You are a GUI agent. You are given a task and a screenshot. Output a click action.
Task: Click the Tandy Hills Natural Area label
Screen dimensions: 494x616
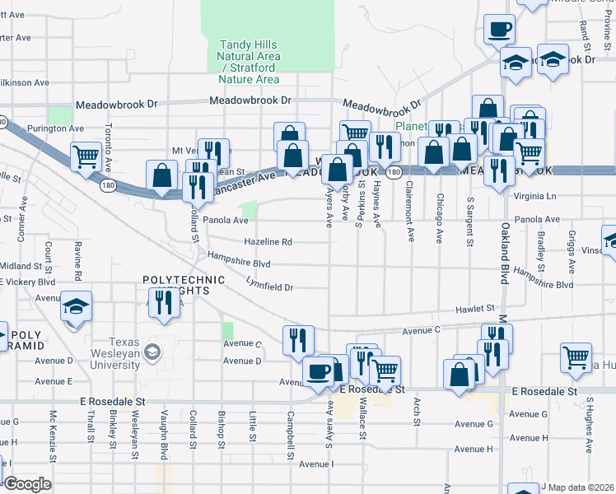(249, 57)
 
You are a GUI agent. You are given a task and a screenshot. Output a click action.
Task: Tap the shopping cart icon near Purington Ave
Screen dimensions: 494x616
(86, 155)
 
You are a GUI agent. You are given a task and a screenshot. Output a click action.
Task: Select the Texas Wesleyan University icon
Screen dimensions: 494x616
(152, 352)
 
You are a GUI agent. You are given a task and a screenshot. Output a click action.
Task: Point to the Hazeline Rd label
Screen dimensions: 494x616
(268, 242)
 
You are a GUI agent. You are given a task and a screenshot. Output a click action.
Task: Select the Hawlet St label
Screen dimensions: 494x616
(476, 308)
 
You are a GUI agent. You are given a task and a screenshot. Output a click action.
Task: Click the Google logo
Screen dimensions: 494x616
(27, 483)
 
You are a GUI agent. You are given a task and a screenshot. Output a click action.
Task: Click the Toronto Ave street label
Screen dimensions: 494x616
(108, 147)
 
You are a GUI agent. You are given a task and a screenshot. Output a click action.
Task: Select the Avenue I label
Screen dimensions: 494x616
(315, 464)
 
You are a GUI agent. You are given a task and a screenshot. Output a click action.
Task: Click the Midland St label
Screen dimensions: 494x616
(21, 266)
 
